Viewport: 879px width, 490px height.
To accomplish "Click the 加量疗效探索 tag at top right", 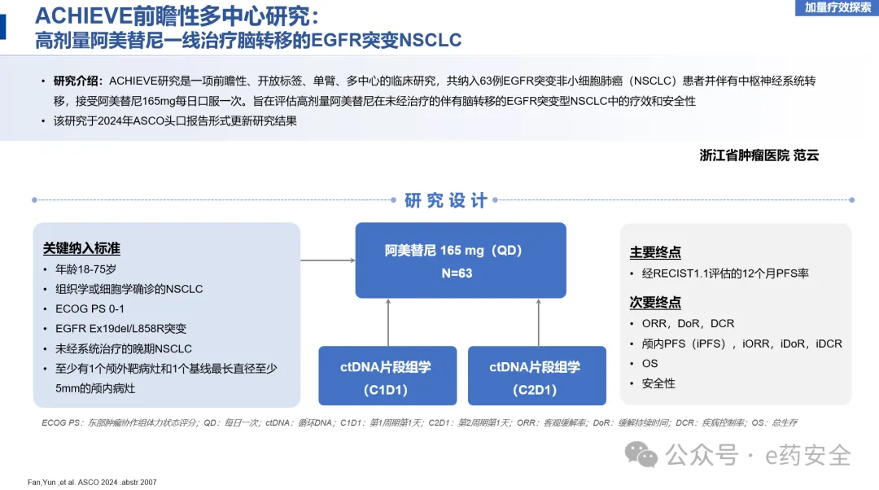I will point(837,8).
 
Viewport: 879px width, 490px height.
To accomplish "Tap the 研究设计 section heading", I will point(446,200).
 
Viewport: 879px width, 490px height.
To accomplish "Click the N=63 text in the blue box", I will point(457,273).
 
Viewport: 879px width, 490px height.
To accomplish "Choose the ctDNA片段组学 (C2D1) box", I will point(536,376).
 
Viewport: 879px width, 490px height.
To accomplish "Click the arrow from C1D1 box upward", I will point(388,322).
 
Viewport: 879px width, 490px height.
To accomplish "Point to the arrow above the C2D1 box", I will point(539,322).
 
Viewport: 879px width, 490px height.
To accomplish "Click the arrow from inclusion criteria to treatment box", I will point(328,260).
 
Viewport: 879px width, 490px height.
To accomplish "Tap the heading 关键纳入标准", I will point(81,248).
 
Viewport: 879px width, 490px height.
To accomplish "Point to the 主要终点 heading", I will point(655,252).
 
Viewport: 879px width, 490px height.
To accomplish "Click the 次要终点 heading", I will point(655,303).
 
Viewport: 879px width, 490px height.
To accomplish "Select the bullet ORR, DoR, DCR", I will point(688,323).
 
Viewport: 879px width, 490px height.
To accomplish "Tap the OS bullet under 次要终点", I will point(649,363).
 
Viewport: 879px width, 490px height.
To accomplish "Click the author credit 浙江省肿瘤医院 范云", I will point(759,155).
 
